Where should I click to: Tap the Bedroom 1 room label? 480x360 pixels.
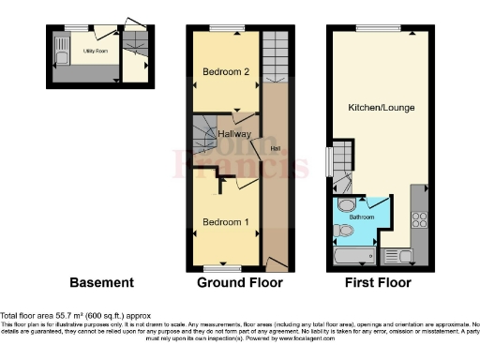(225, 222)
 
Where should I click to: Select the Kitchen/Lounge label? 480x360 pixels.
(381, 108)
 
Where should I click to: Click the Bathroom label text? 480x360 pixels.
(362, 217)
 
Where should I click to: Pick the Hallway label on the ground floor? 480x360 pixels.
(234, 134)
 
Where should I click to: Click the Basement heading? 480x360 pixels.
(102, 282)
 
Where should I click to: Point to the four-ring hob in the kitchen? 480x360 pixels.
(419, 221)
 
